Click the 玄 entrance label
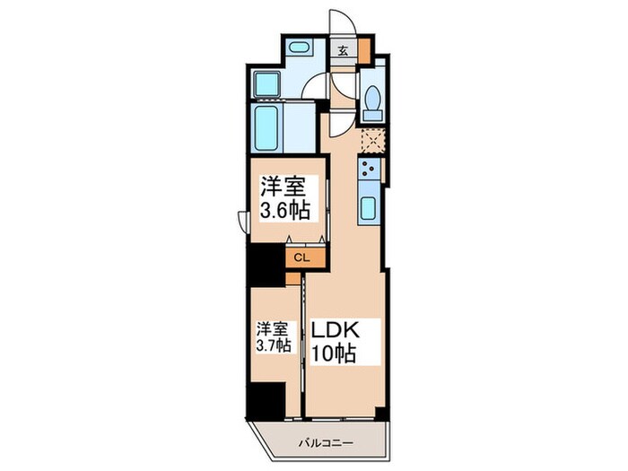coord(344,50)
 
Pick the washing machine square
coord(267,83)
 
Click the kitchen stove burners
coord(368,168)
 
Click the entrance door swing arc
coord(343,22)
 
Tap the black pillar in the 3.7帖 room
coord(266,398)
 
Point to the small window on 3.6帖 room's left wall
coord(242,221)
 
